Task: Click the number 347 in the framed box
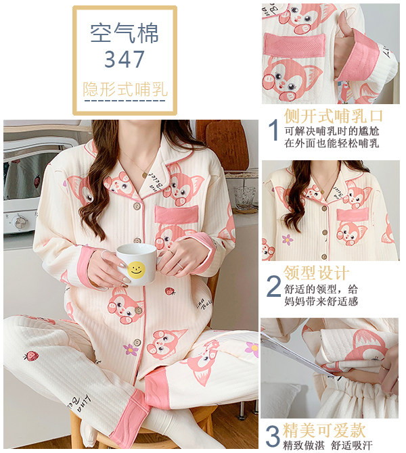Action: click(x=125, y=59)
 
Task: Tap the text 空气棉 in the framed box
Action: click(x=125, y=33)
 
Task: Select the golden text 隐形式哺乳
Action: click(x=125, y=89)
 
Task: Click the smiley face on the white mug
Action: click(x=136, y=269)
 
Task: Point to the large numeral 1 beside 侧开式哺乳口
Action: click(x=273, y=130)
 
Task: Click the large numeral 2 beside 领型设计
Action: click(x=273, y=286)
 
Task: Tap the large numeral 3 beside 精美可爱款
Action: click(x=273, y=437)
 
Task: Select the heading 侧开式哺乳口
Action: click(x=333, y=116)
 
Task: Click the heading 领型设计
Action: click(x=317, y=273)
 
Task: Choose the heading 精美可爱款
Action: click(x=324, y=430)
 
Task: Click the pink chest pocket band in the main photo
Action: click(x=177, y=214)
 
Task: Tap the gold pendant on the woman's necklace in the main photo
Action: click(x=144, y=175)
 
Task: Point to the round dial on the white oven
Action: click(x=20, y=222)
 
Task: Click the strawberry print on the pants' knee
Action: click(x=31, y=356)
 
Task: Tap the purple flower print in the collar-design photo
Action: click(x=288, y=239)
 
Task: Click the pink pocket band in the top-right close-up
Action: click(x=294, y=45)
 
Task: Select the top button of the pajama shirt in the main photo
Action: click(x=137, y=206)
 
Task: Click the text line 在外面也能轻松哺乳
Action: click(x=332, y=143)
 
